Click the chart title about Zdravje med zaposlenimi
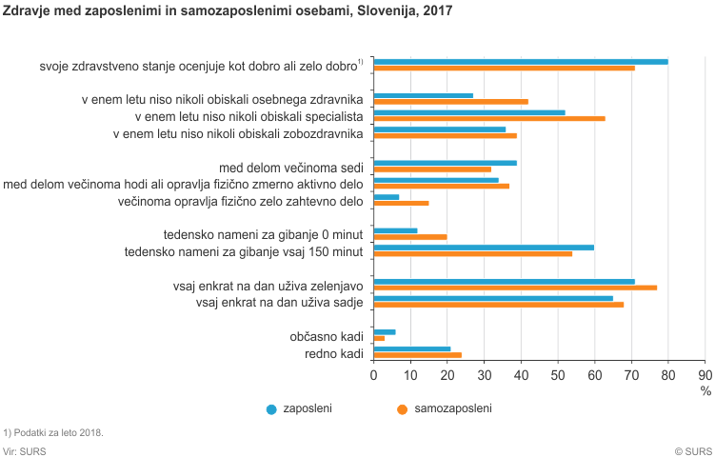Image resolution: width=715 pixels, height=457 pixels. [x=228, y=11]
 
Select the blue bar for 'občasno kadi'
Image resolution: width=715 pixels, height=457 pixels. [x=385, y=332]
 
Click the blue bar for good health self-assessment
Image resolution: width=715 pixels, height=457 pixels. [x=521, y=62]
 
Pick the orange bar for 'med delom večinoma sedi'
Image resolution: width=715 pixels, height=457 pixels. [x=432, y=169]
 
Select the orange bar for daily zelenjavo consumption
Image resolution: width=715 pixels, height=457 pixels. [x=515, y=288]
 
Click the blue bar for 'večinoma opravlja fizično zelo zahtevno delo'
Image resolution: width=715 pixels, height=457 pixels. [x=387, y=197]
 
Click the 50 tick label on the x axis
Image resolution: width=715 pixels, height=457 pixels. [x=558, y=375]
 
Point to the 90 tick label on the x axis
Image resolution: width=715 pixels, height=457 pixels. [x=705, y=375]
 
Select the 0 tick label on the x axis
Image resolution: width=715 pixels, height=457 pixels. [x=374, y=375]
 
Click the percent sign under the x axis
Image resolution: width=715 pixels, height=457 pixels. [x=705, y=390]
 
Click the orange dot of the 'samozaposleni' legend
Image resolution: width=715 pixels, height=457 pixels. [x=403, y=409]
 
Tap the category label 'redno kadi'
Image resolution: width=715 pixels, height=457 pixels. [x=335, y=354]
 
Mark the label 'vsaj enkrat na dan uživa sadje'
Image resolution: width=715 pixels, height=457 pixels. [x=281, y=303]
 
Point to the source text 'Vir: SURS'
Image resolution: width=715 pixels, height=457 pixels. [x=25, y=451]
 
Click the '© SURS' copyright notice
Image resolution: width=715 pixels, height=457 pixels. [x=693, y=451]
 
